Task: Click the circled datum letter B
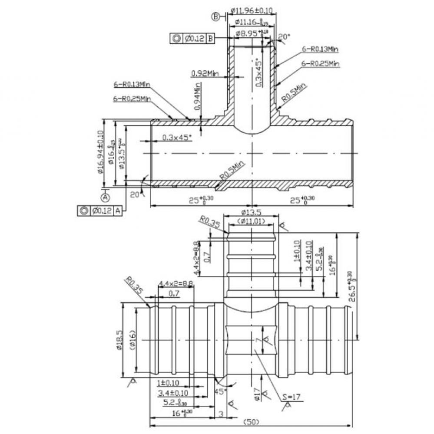pos(215,16)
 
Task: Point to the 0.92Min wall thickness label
pos(204,74)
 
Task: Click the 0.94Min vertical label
pos(198,98)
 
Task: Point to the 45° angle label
pos(220,391)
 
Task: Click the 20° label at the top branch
pos(283,37)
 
